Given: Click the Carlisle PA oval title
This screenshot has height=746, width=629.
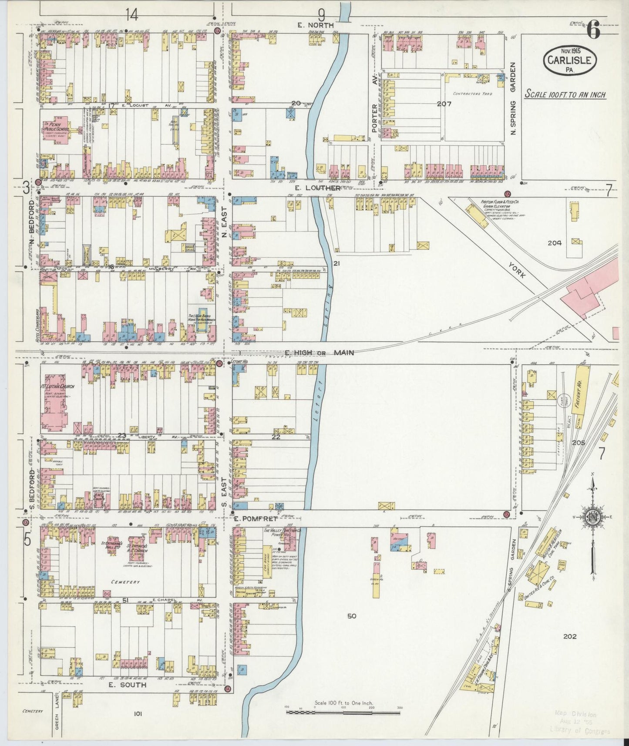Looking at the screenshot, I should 569,60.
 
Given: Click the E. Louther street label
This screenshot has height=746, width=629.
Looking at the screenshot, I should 317,188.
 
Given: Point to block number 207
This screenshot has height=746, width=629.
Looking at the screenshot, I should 445,104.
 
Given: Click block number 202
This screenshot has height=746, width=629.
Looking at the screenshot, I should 569,636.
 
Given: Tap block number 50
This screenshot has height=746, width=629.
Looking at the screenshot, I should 352,615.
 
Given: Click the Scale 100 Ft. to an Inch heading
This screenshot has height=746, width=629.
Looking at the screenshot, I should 565,94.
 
